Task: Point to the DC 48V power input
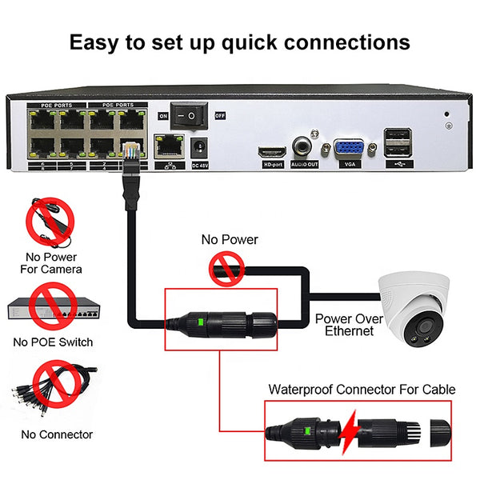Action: [201, 148]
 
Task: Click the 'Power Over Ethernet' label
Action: [344, 324]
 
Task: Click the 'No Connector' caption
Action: [57, 435]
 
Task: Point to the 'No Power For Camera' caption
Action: [51, 262]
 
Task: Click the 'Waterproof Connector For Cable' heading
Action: [362, 390]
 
